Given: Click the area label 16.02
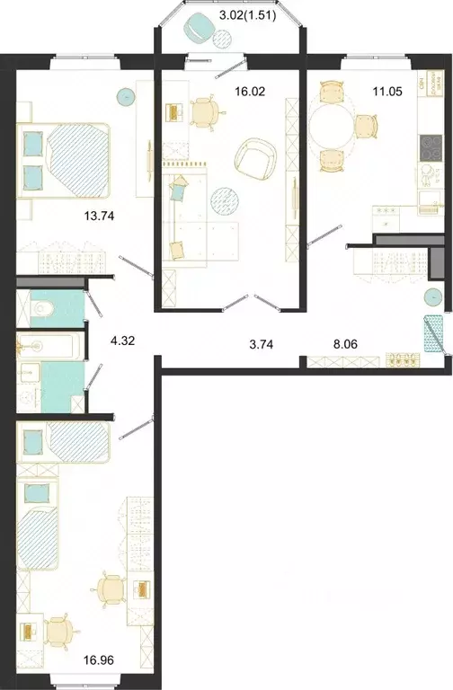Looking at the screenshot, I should click(253, 91).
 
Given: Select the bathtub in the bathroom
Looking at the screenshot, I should click(49, 344).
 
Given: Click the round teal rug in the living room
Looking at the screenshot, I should click(224, 198).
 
